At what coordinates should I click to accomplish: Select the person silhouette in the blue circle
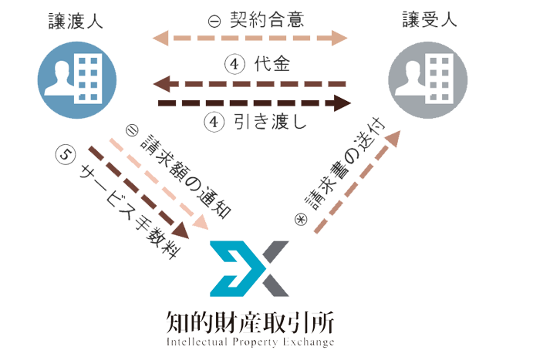click(x=59, y=78)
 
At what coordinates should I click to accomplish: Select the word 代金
click(x=272, y=66)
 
